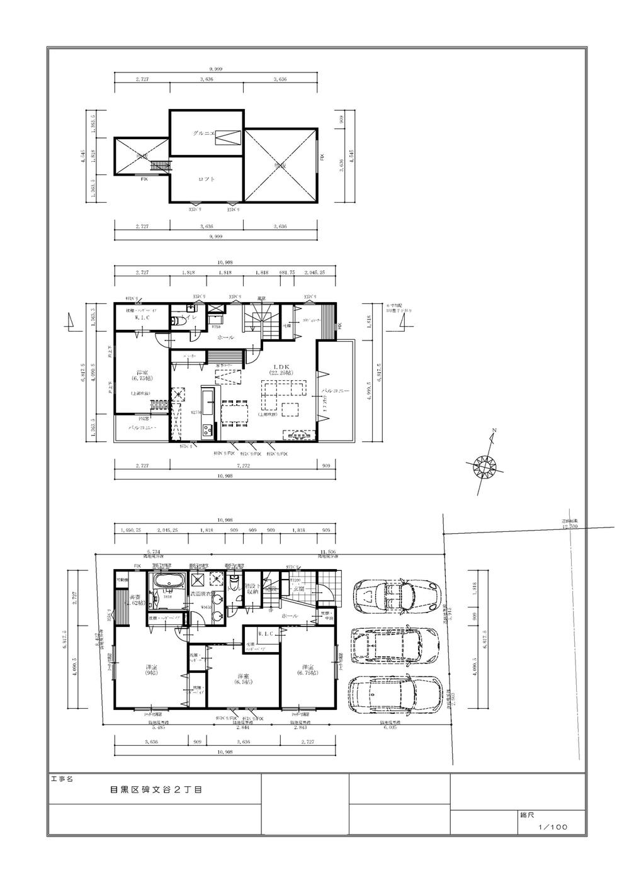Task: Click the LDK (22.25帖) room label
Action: [x=280, y=369]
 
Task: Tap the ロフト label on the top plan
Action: [x=207, y=179]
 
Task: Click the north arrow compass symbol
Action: [x=485, y=466]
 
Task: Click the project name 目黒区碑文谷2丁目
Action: [x=155, y=789]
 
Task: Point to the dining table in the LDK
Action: [x=234, y=411]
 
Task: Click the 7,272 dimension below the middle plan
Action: [x=242, y=466]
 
